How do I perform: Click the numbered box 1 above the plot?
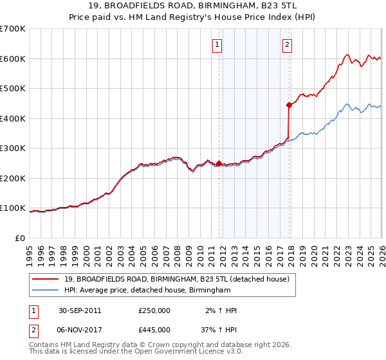(x=217, y=45)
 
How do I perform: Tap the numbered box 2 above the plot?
(x=286, y=45)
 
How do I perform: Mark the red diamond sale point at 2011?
(x=219, y=163)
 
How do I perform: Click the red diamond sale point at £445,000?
(x=289, y=105)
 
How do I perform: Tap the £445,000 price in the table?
(x=154, y=329)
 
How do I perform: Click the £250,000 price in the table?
(x=154, y=310)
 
